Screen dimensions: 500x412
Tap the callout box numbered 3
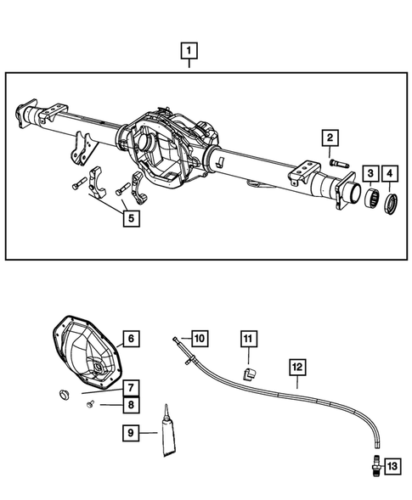370,174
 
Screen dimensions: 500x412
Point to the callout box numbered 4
391,174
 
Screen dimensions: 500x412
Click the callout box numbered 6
129,340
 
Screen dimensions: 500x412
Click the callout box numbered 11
246,340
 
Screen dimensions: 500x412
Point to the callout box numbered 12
296,368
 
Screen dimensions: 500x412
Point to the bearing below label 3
370,202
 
